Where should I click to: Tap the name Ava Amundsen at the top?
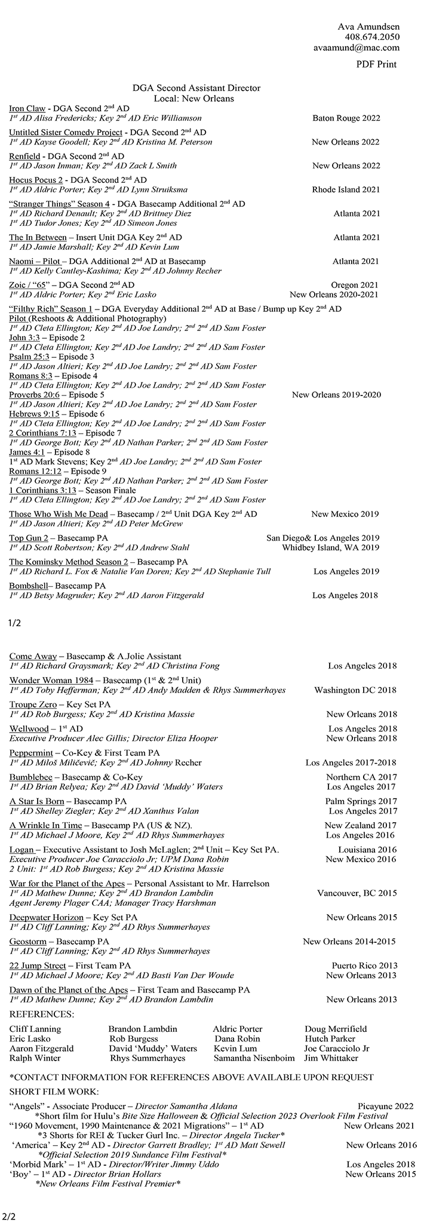tap(368, 26)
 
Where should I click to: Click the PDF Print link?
tap(376, 64)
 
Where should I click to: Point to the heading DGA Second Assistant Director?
tap(196, 88)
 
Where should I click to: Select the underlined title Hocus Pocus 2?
tap(36, 180)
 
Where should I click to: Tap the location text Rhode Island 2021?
tap(346, 190)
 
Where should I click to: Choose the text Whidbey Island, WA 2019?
tap(330, 547)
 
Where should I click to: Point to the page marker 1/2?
tap(15, 623)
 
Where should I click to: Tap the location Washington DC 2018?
tap(355, 690)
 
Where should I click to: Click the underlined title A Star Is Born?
tap(36, 801)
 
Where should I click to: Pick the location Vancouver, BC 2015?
tap(357, 893)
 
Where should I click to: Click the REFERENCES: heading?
tap(42, 1014)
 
